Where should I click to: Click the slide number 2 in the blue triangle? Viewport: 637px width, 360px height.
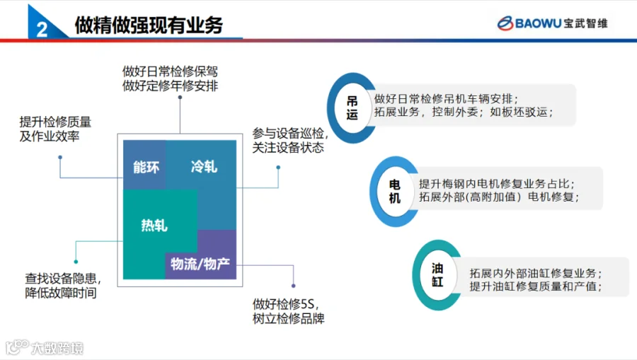(x=42, y=29)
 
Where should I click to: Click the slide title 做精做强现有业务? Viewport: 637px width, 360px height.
(x=149, y=25)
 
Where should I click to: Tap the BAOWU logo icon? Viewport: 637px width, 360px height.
(x=505, y=23)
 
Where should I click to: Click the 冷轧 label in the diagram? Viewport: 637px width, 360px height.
(x=204, y=166)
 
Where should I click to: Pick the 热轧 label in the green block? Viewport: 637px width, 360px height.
(x=154, y=225)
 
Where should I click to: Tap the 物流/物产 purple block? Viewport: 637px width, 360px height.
(x=201, y=265)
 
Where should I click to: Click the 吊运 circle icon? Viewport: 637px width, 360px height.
(x=352, y=108)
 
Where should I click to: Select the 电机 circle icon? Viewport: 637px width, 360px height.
(x=394, y=191)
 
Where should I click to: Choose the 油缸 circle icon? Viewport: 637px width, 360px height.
(x=437, y=274)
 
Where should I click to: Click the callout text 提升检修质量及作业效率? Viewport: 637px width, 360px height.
(x=55, y=129)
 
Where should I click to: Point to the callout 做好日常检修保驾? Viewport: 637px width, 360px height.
(x=170, y=71)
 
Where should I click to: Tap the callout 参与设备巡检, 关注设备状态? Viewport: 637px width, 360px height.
(x=290, y=141)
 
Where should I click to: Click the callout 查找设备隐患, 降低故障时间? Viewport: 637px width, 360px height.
(x=63, y=285)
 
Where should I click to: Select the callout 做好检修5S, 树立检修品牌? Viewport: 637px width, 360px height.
(x=289, y=311)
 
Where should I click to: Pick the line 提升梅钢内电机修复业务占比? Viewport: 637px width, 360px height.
(x=497, y=184)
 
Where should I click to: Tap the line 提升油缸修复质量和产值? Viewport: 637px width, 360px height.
(x=536, y=286)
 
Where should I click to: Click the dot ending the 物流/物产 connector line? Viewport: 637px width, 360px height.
(x=293, y=286)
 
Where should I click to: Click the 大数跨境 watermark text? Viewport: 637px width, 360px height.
(x=57, y=348)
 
